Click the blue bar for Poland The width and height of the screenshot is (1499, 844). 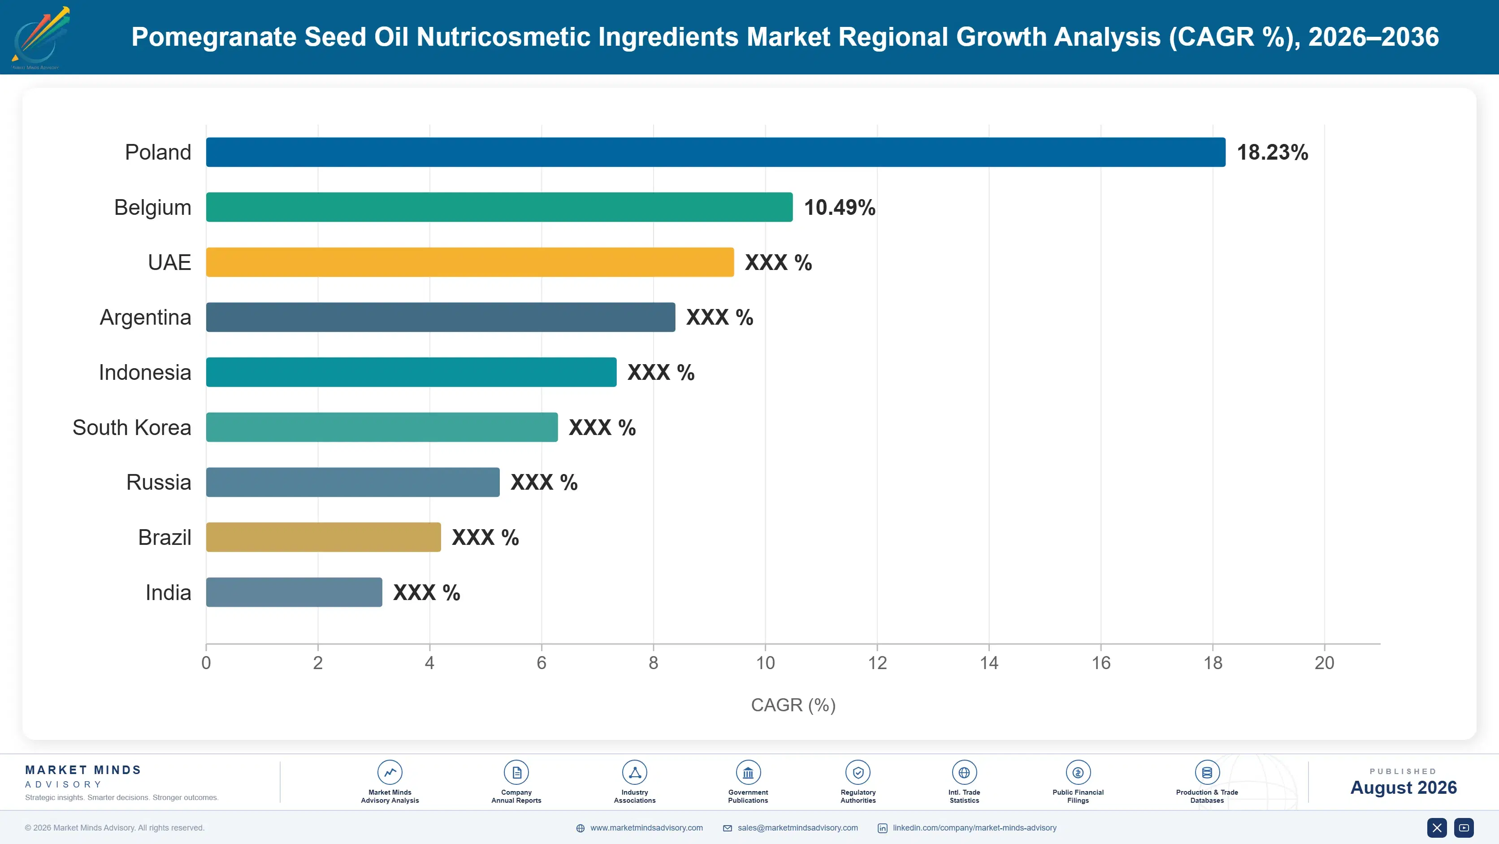pos(716,152)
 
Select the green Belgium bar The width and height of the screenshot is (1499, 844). pos(499,207)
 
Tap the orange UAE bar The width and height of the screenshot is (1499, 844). pos(470,262)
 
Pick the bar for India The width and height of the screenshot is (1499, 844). pos(294,592)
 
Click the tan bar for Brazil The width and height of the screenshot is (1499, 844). pos(324,537)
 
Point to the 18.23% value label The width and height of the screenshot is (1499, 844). pos(1272,152)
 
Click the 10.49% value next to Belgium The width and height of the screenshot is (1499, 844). pos(840,207)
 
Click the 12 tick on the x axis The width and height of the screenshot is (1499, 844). pos(877,663)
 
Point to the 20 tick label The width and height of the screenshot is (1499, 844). pos(1325,663)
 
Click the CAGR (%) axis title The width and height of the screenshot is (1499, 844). pos(793,705)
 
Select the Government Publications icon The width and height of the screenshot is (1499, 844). pos(748,772)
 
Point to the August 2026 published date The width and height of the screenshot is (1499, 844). pos(1403,787)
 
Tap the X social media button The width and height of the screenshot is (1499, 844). pos(1437,828)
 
